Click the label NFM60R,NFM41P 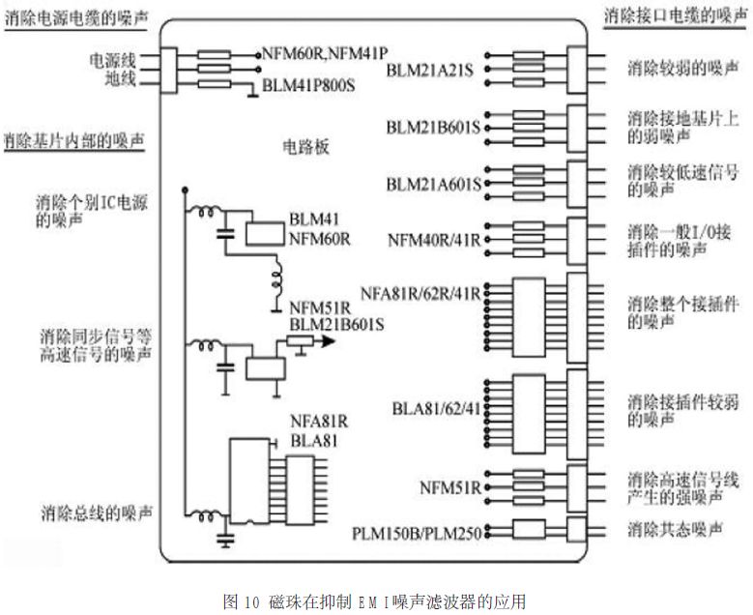pyautogui.click(x=326, y=50)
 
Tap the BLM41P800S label pyautogui.click(x=308, y=85)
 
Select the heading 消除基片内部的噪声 pyautogui.click(x=72, y=140)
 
